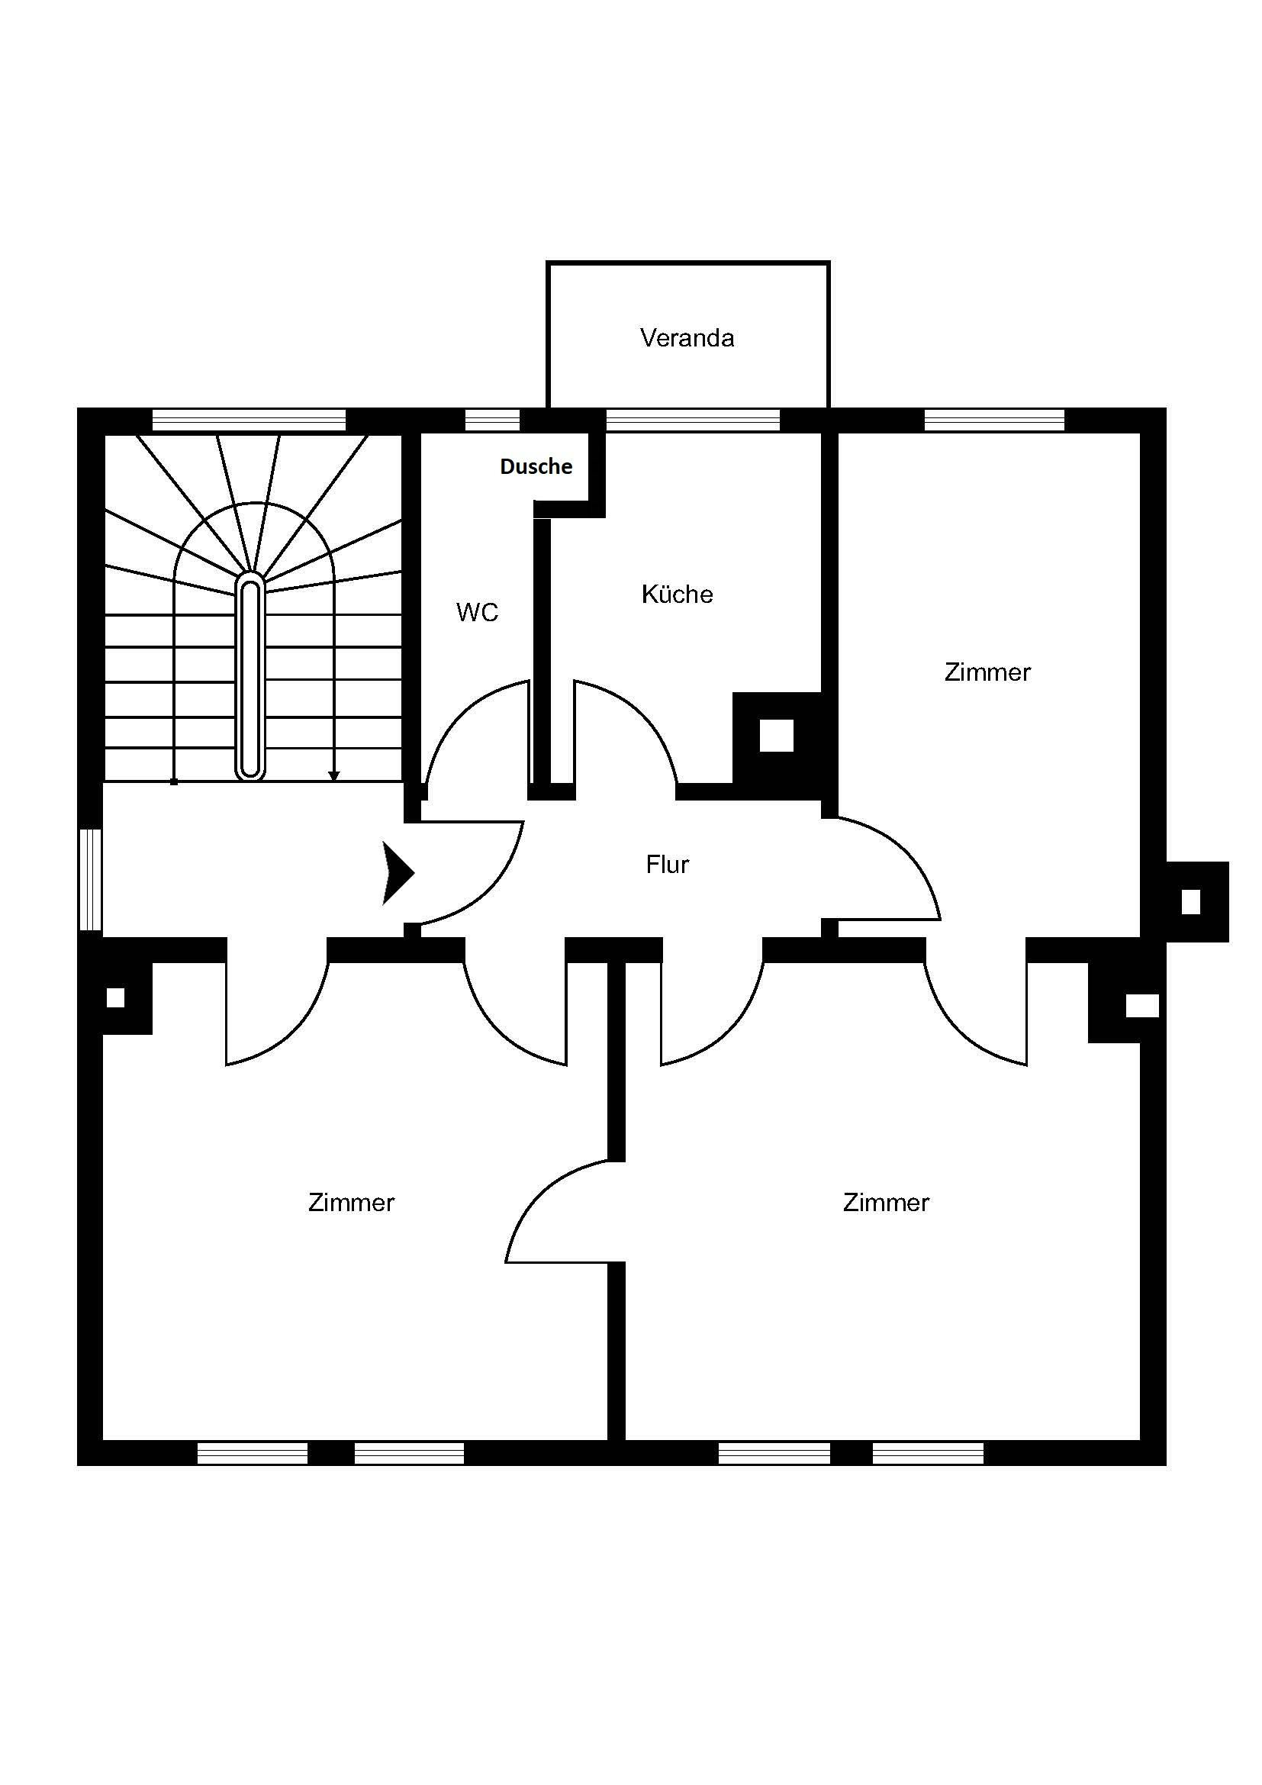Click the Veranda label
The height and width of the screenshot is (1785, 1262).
(x=687, y=338)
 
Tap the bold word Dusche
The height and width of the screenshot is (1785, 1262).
(x=536, y=466)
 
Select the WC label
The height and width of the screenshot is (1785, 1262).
(x=477, y=613)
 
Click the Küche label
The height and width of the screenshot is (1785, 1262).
(x=677, y=594)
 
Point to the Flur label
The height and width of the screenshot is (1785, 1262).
(x=667, y=865)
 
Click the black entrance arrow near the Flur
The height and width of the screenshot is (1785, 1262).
(x=397, y=873)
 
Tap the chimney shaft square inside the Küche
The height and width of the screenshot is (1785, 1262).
(x=775, y=736)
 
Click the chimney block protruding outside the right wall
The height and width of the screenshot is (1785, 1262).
(x=1190, y=902)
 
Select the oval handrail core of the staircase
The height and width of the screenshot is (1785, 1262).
(x=250, y=677)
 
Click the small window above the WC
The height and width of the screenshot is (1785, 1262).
(x=492, y=420)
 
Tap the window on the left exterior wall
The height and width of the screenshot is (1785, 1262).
(x=91, y=879)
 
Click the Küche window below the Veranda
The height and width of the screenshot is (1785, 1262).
(x=692, y=420)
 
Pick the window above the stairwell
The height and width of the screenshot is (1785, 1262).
(x=249, y=420)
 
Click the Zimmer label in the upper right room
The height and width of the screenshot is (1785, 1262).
(x=987, y=672)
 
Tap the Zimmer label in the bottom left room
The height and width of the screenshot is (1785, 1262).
(x=351, y=1203)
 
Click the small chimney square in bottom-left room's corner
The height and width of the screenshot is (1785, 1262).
(x=115, y=997)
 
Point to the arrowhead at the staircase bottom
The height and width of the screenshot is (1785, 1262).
(x=334, y=776)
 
